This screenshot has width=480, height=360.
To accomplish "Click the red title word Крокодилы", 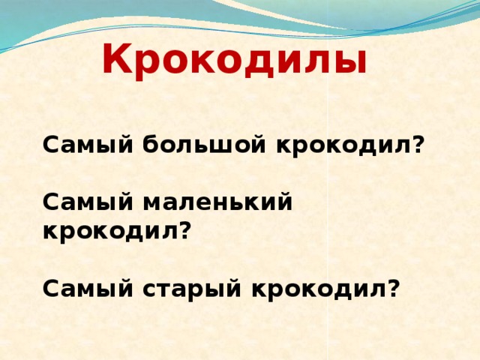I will coord(234,60).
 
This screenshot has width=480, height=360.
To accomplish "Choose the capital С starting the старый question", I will coord(50,288).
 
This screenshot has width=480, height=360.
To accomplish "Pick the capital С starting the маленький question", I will coord(50,202).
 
